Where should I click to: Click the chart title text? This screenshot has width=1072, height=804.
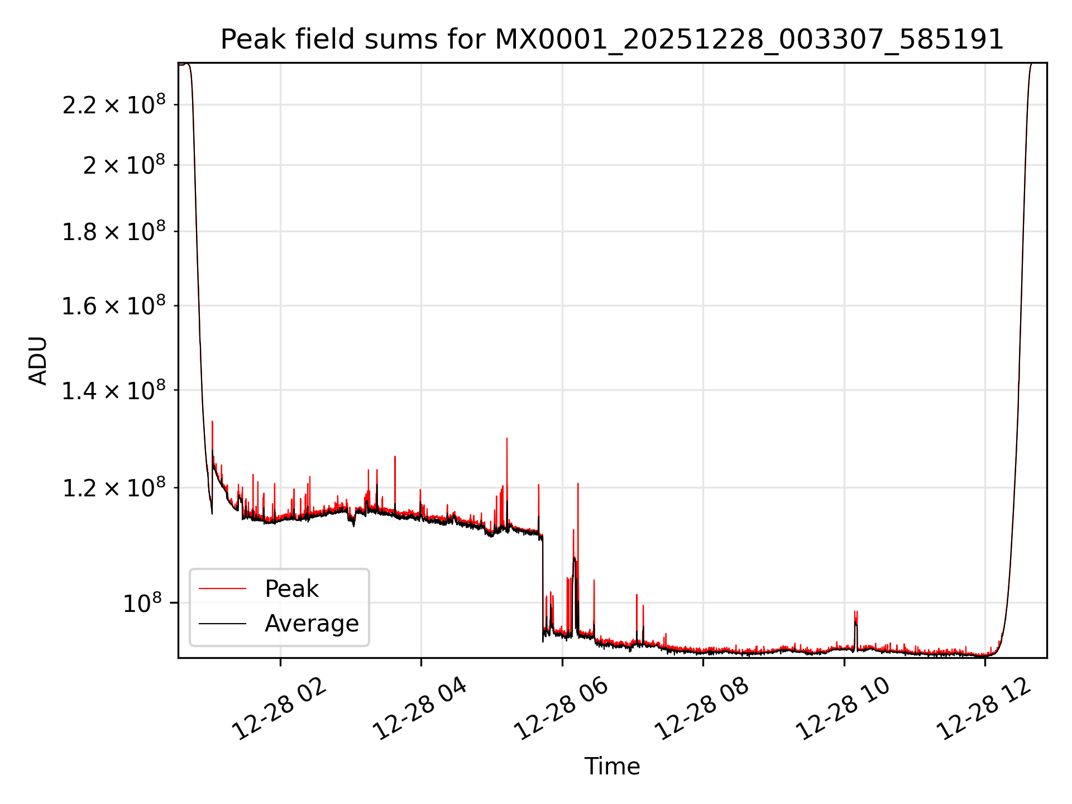[612, 40]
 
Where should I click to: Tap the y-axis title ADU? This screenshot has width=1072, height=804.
[38, 360]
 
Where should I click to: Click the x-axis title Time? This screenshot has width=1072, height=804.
[612, 766]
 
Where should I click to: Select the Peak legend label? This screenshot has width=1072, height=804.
[291, 589]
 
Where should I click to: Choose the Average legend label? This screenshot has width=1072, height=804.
[312, 624]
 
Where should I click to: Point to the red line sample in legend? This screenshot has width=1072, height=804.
[222, 588]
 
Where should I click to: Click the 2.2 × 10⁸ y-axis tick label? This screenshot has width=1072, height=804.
[114, 105]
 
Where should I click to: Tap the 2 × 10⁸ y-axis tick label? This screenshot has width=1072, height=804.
[124, 165]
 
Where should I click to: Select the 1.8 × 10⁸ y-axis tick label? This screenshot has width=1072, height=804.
[114, 232]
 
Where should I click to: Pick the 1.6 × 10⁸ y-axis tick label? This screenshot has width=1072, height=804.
[114, 306]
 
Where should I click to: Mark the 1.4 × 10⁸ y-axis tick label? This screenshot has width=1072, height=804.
[114, 390]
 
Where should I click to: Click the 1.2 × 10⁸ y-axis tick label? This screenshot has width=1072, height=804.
[114, 488]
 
